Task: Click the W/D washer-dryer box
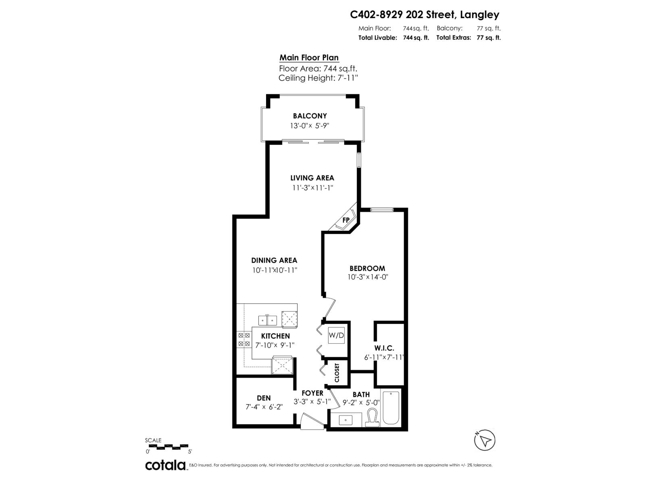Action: point(337,335)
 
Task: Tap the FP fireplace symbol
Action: point(345,220)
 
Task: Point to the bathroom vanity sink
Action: point(346,420)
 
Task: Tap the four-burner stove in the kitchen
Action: point(244,339)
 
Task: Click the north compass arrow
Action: point(485,440)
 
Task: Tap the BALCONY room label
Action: point(310,116)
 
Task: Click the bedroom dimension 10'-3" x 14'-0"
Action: point(367,277)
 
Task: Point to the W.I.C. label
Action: point(384,348)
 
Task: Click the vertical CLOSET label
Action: point(337,373)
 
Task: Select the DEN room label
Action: point(264,398)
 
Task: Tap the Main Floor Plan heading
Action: point(309,58)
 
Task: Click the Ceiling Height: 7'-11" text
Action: point(318,78)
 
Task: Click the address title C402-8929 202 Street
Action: point(424,15)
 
